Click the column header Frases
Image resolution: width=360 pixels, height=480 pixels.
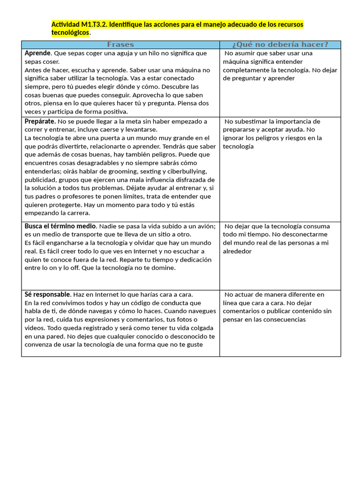pos(120,45)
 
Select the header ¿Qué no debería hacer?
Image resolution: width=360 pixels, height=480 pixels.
pos(280,45)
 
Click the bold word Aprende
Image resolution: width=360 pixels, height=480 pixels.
pos(37,53)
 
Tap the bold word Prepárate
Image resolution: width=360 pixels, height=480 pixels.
pos(40,121)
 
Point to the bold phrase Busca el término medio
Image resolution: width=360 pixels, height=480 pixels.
pos(60,226)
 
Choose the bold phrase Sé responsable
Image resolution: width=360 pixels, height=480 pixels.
pos(47,295)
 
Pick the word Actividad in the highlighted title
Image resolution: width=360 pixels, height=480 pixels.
pos(65,24)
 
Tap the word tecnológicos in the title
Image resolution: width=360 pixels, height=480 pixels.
pos(70,33)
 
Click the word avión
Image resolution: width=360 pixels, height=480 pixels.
pos(205,226)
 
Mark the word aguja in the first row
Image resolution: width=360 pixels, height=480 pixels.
pos(125,53)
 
